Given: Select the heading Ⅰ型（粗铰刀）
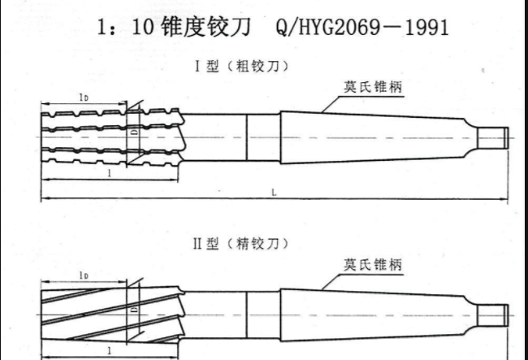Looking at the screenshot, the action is (241, 65).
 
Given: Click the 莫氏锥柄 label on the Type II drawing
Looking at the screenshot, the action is (372, 264).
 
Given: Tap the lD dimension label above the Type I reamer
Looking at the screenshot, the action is (84, 98).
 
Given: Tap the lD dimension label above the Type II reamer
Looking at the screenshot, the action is (84, 275).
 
